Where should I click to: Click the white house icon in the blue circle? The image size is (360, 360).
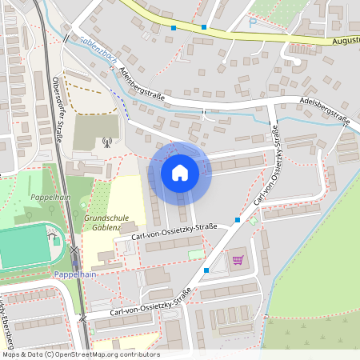[180, 171]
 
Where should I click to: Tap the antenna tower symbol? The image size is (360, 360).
[106, 144]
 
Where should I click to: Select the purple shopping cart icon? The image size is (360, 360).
[238, 259]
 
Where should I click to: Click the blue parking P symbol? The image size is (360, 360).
[253, 22]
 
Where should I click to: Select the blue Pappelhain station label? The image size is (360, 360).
[75, 274]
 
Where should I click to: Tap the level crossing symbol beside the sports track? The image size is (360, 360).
[74, 250]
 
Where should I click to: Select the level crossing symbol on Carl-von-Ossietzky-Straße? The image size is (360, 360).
[83, 318]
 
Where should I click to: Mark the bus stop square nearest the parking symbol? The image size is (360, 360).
[204, 28]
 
